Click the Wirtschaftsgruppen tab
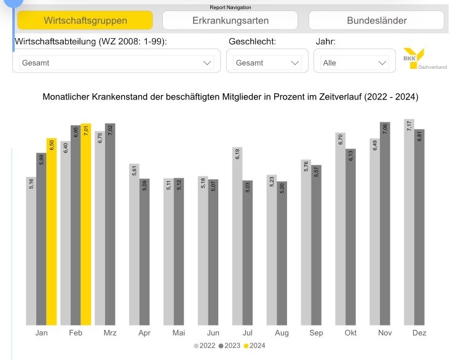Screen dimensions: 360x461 point(85,20)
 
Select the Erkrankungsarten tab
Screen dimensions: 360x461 point(230,20)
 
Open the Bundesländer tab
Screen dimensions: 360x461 point(376,20)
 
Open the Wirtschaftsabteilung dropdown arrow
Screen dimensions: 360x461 point(207,63)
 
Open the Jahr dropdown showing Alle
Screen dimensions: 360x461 point(351,63)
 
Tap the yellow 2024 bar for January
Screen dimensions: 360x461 point(52,233)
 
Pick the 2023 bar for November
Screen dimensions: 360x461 point(385,224)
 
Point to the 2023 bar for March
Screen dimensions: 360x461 point(110,224)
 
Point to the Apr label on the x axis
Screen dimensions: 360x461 point(144,332)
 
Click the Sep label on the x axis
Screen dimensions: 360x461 point(316,332)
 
